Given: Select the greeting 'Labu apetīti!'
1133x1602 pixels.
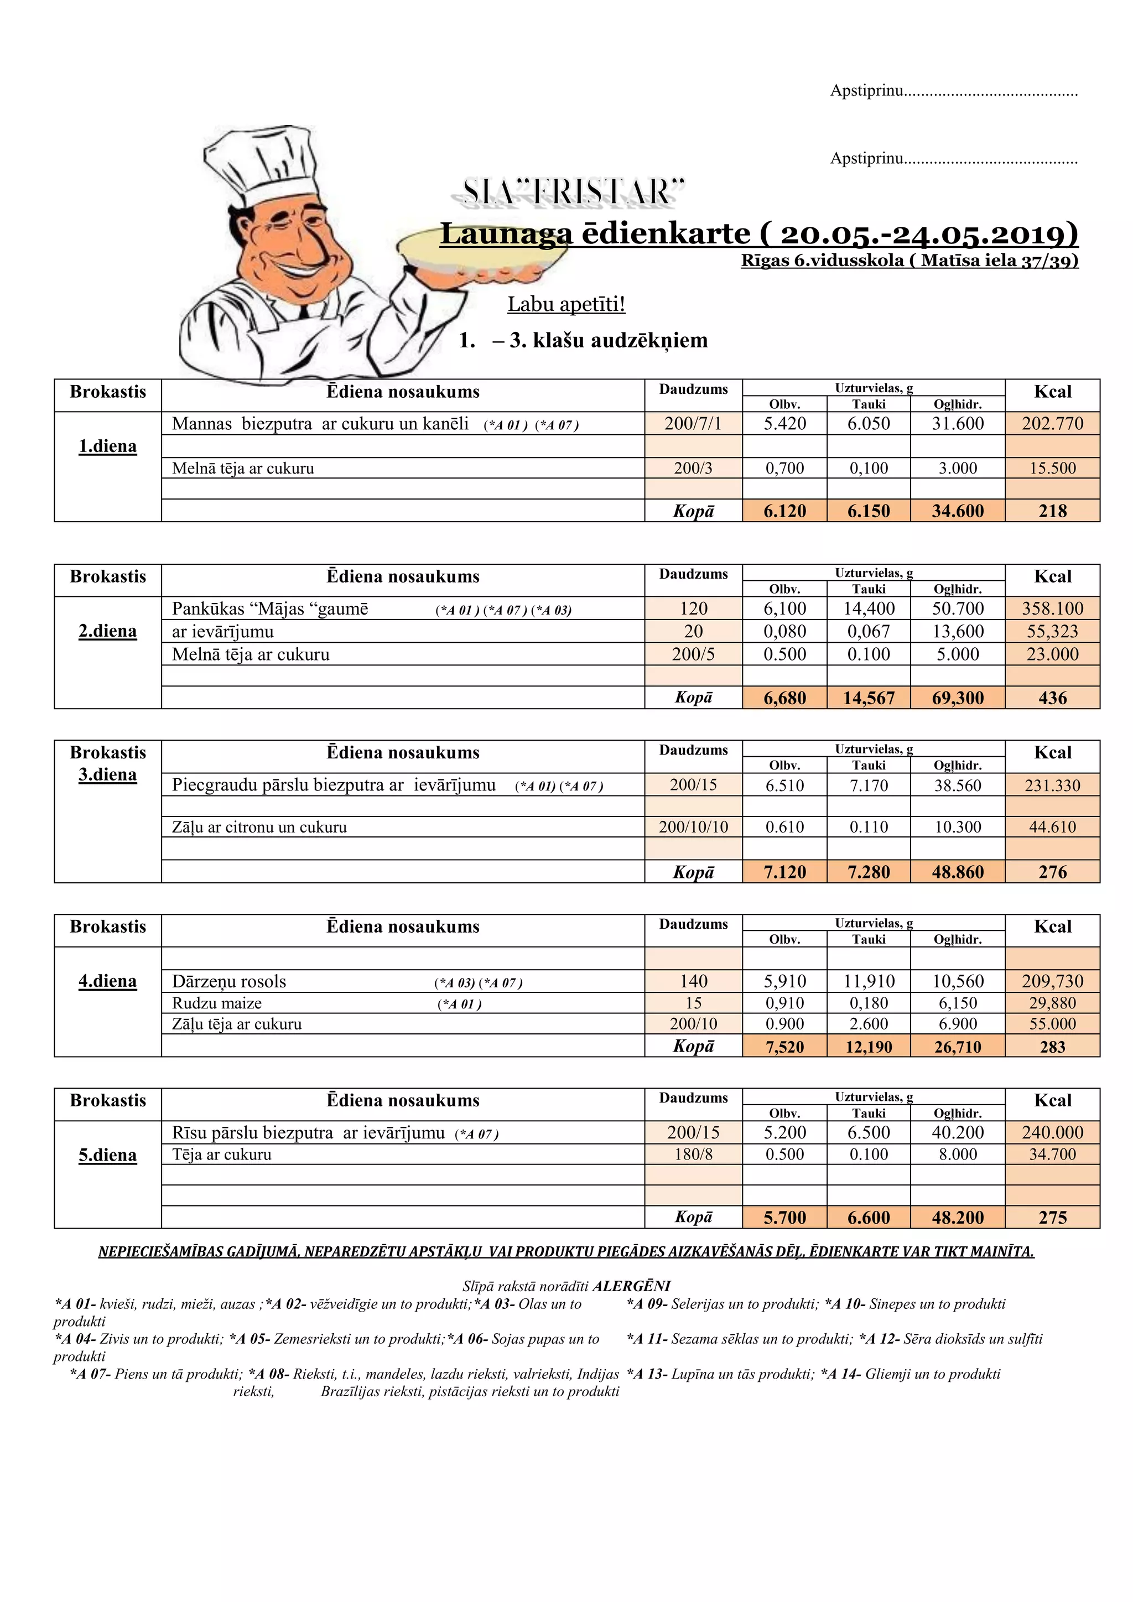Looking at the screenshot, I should (566, 304).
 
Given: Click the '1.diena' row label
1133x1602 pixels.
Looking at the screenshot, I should (107, 446).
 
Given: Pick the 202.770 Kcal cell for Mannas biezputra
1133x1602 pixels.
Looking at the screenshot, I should (1052, 424).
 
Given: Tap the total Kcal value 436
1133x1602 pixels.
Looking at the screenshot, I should (1052, 698).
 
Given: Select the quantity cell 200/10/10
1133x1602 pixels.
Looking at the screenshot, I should (693, 827).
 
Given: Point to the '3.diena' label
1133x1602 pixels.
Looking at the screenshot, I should (107, 774).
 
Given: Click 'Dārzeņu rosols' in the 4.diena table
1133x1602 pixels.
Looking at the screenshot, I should (229, 982).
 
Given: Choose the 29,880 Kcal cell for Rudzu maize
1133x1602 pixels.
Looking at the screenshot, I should (1052, 1003).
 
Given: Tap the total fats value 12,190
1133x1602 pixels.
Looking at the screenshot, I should (869, 1047).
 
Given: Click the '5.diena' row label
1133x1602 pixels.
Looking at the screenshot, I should (107, 1156).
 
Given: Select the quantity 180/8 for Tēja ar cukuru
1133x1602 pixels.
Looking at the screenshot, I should (693, 1154).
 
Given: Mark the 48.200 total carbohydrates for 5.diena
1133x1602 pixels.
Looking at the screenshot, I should (957, 1218).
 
